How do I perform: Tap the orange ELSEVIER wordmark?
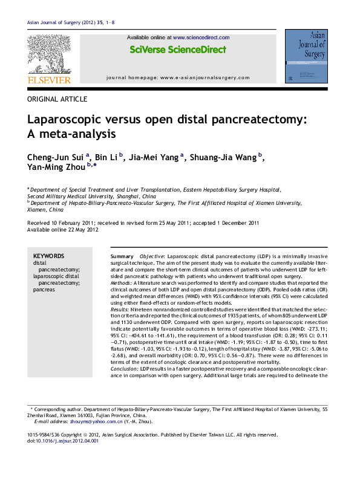coord(49,80)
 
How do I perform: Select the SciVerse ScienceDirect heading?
coord(178,50)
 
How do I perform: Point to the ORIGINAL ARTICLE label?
coord(57,99)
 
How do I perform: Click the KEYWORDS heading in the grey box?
coord(48,256)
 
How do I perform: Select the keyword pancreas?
coord(44,290)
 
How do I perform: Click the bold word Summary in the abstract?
coord(122,257)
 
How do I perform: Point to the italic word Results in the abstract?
coord(120,309)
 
